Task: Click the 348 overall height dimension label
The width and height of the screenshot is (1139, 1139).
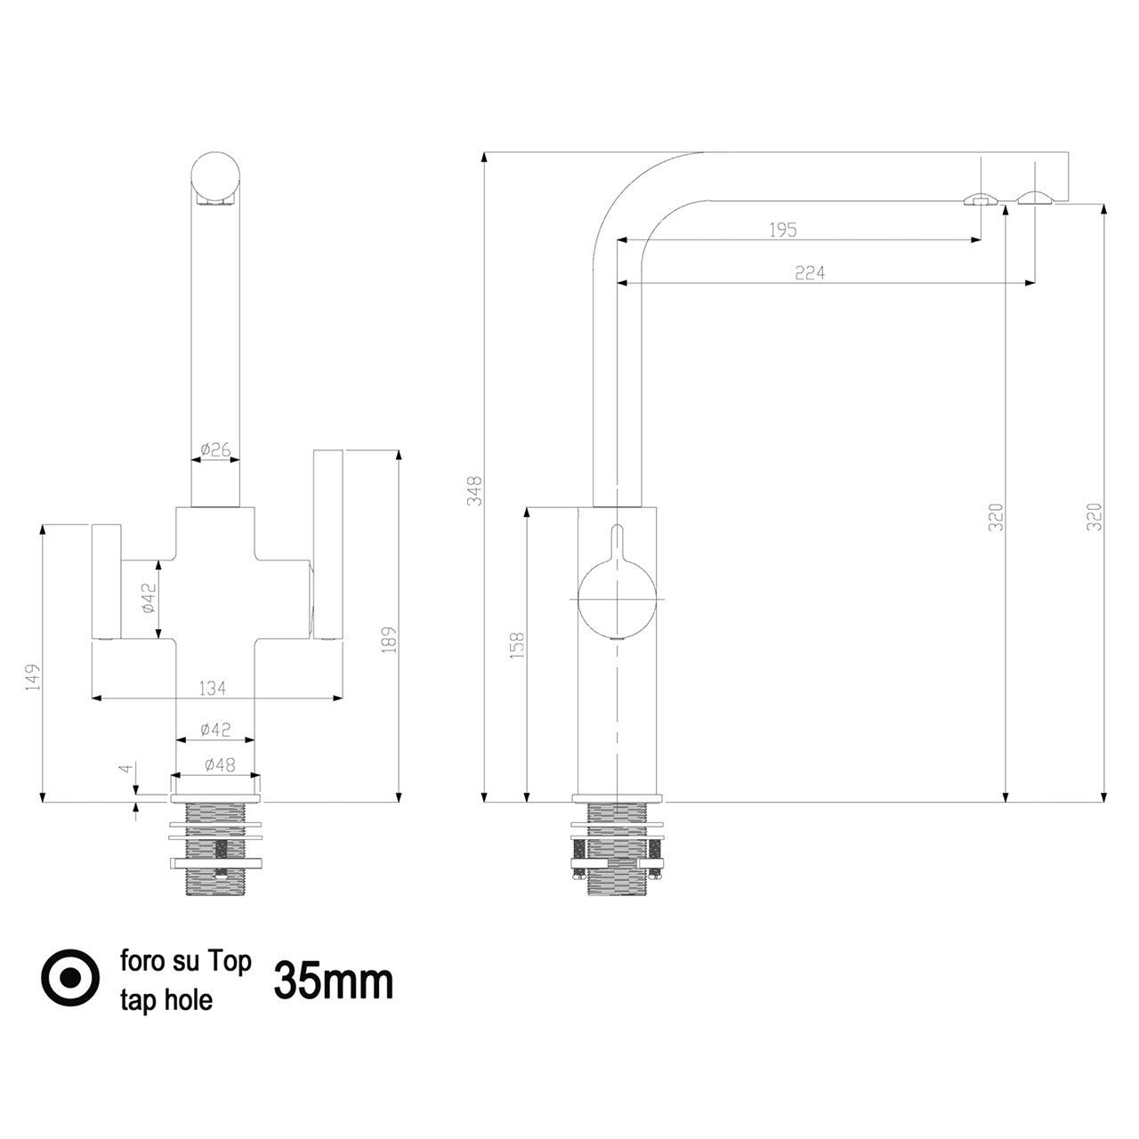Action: pyautogui.click(x=474, y=490)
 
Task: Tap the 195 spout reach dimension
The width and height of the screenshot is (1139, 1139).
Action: pyautogui.click(x=782, y=230)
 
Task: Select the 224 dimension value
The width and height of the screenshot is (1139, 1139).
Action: pyautogui.click(x=809, y=272)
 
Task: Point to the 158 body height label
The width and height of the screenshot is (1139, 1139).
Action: pyautogui.click(x=517, y=645)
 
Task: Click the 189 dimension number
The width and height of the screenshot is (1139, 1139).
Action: pyautogui.click(x=389, y=639)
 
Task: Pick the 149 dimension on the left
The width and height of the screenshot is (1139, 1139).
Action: pyautogui.click(x=33, y=676)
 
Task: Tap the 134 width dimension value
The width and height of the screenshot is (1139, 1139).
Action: pyautogui.click(x=212, y=688)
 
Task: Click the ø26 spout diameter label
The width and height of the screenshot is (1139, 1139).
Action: pyautogui.click(x=215, y=449)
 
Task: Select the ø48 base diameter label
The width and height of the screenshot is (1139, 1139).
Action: pyautogui.click(x=220, y=765)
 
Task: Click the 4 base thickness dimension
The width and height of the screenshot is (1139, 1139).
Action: pyautogui.click(x=125, y=769)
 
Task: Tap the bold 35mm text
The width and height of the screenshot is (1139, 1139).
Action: pyautogui.click(x=334, y=981)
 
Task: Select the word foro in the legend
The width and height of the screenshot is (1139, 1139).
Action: pyautogui.click(x=142, y=960)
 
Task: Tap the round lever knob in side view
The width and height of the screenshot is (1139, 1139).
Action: pyautogui.click(x=617, y=599)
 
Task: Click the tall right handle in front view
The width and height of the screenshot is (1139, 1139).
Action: pyautogui.click(x=328, y=545)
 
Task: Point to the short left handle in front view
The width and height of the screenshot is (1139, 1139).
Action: pyautogui.click(x=107, y=582)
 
